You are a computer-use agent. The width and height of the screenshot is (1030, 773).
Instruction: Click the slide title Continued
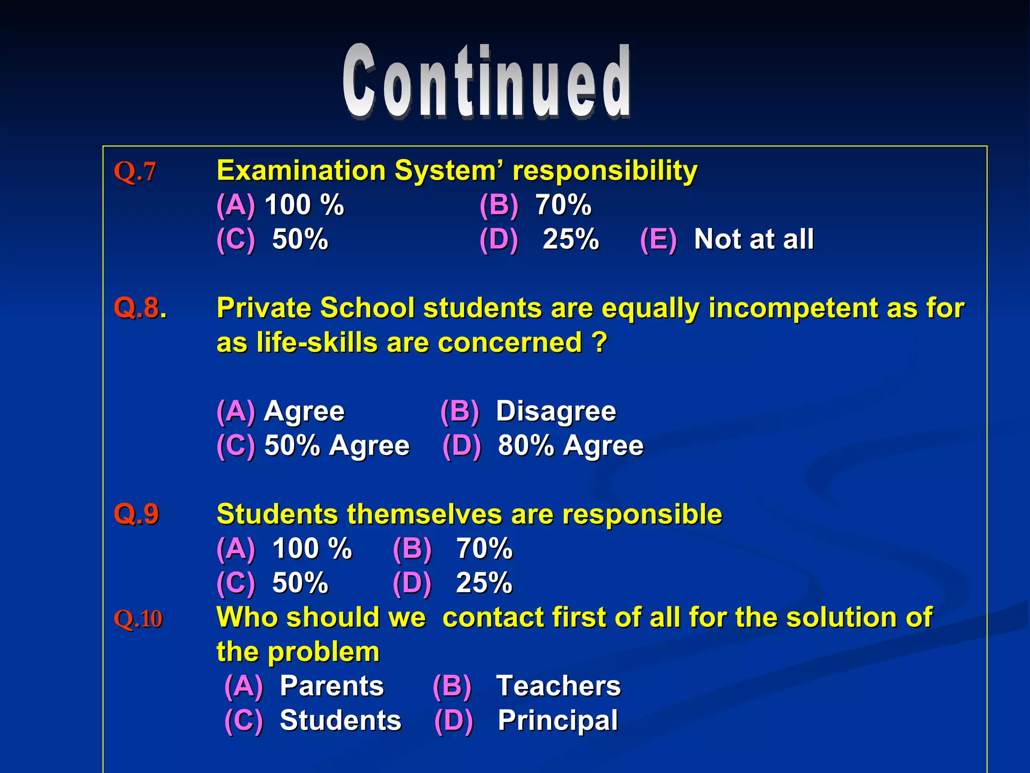486,82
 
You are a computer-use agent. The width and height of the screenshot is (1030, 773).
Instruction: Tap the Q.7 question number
135,171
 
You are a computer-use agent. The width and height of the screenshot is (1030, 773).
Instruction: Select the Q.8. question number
140,308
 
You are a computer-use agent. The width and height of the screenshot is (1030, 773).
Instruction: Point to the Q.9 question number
136,514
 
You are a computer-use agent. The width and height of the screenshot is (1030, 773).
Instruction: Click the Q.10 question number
138,619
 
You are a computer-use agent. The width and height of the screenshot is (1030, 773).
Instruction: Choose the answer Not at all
753,239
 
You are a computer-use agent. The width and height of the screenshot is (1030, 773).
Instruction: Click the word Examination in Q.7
301,171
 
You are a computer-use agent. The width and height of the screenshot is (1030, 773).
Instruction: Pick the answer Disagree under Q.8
556,411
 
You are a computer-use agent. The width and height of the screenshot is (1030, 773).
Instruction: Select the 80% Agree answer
570,446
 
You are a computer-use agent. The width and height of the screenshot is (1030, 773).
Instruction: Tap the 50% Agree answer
337,446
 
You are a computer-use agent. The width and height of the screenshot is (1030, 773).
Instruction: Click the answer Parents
332,686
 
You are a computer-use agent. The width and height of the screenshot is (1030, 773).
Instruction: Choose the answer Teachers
558,686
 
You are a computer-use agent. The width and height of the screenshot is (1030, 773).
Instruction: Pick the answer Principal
557,721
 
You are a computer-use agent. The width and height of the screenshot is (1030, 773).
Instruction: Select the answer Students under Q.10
340,721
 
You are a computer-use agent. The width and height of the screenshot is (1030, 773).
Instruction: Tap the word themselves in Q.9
424,514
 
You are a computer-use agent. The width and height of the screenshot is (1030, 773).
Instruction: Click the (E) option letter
658,239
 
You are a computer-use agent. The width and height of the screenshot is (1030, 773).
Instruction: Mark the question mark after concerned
599,343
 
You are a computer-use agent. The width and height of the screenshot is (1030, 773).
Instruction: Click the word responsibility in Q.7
605,171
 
